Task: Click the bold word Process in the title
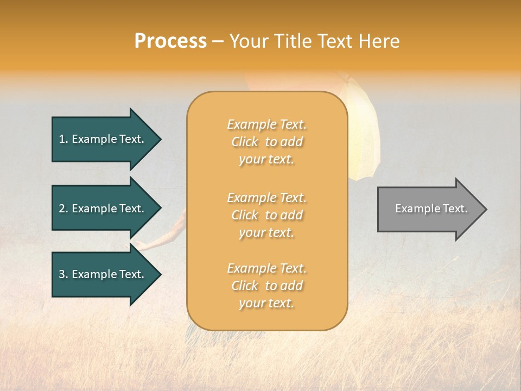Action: pos(170,41)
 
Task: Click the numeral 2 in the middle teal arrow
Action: pos(62,209)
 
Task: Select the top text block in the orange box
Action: pos(266,142)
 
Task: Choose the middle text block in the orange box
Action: pos(266,215)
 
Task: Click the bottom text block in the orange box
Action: pos(266,286)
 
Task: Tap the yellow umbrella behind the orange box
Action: pos(364,136)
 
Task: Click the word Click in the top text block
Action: pos(245,142)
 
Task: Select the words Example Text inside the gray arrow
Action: pos(431,209)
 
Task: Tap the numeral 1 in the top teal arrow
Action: pos(62,139)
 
